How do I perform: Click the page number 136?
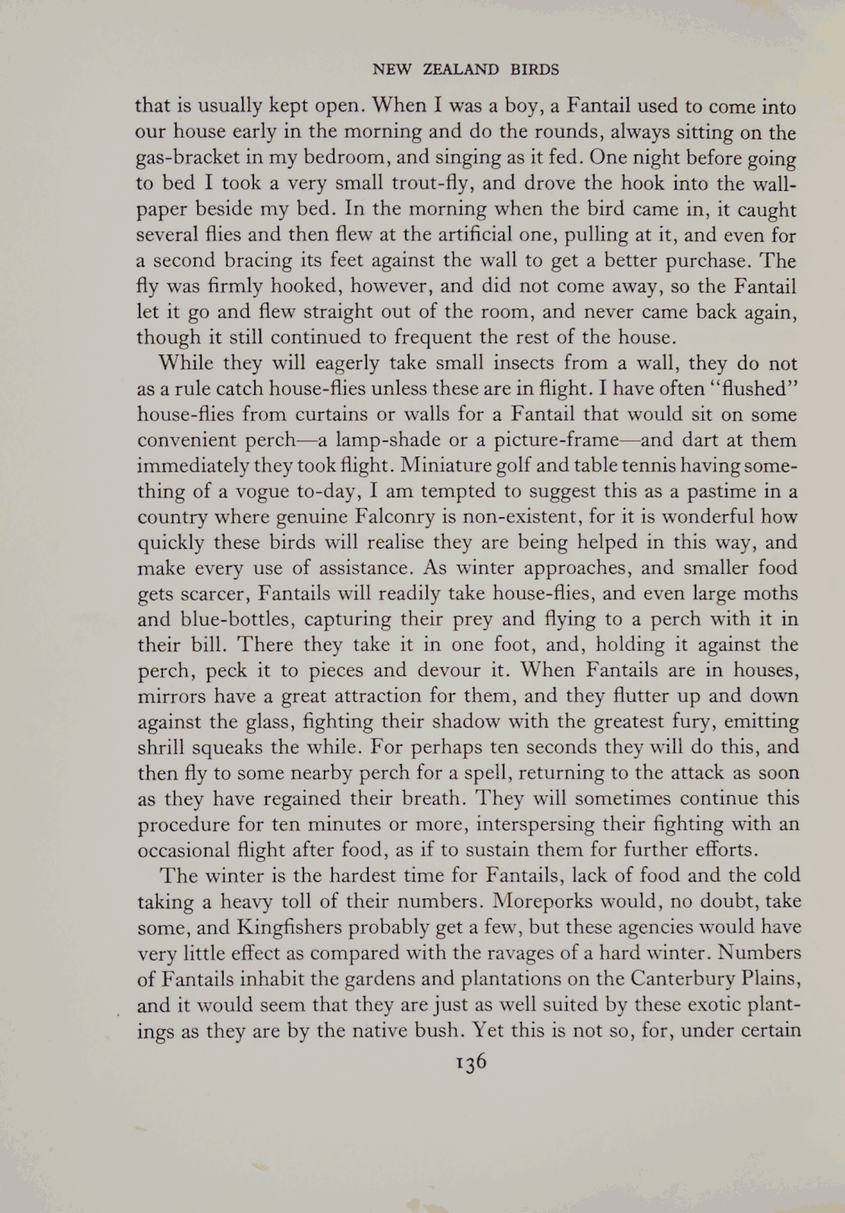pyautogui.click(x=470, y=1061)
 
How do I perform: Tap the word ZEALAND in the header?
pyautogui.click(x=461, y=70)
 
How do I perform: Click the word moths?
pyautogui.click(x=771, y=594)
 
